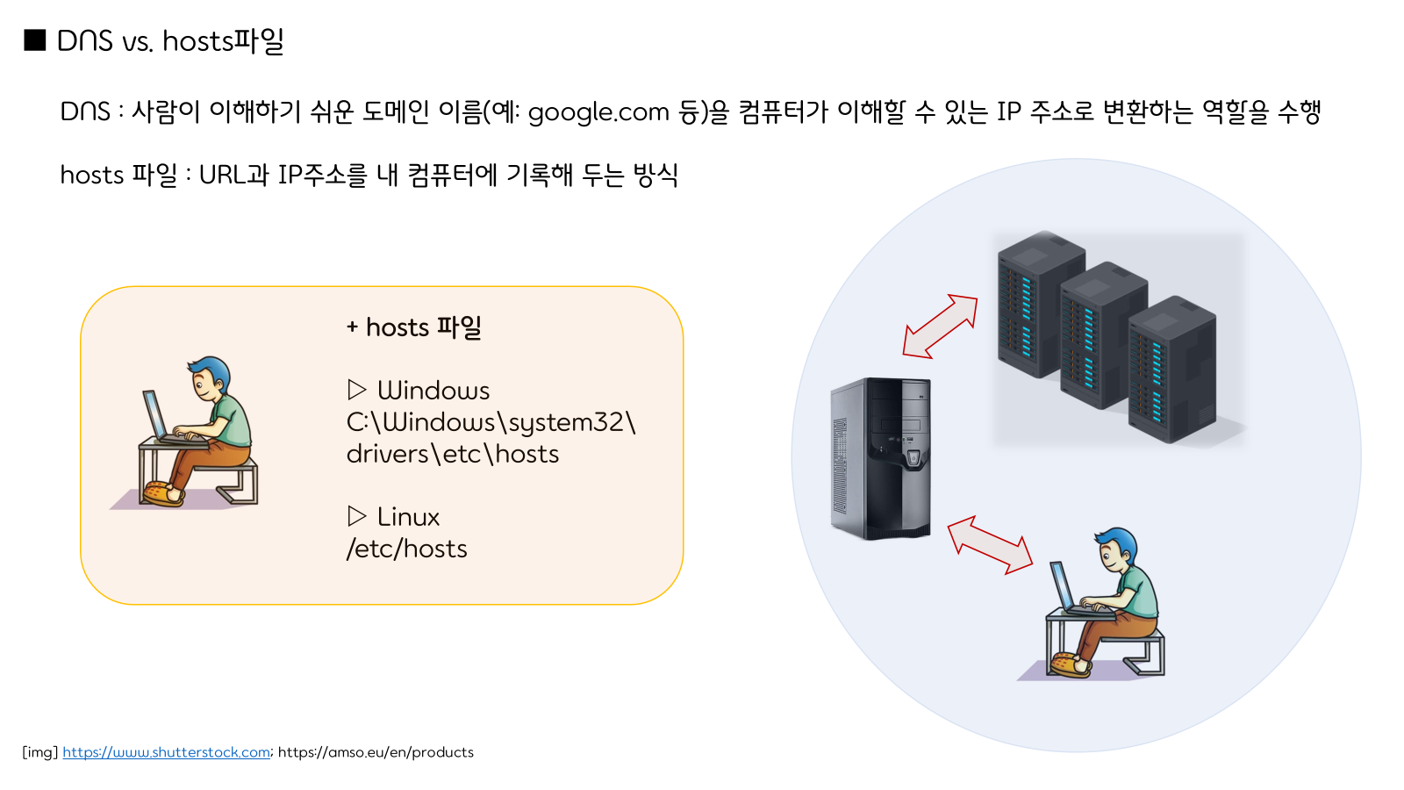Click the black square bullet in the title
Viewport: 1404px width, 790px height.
click(35, 40)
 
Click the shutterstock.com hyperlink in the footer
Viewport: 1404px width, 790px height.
click(167, 752)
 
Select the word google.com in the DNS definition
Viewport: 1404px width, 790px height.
click(598, 112)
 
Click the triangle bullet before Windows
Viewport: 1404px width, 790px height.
click(356, 389)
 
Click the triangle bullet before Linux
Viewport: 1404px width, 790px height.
click(356, 515)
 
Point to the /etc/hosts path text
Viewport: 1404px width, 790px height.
click(407, 549)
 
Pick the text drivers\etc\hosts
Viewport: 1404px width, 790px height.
click(453, 454)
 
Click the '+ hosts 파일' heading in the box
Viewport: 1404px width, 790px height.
click(414, 327)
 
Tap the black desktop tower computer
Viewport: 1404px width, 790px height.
click(880, 457)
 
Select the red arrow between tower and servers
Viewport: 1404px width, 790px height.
click(940, 326)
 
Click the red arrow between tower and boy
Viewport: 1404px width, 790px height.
click(990, 544)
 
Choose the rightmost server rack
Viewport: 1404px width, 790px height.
click(1173, 369)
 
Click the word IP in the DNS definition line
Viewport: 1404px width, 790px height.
click(1008, 112)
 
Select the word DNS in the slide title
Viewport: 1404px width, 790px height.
click(85, 41)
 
